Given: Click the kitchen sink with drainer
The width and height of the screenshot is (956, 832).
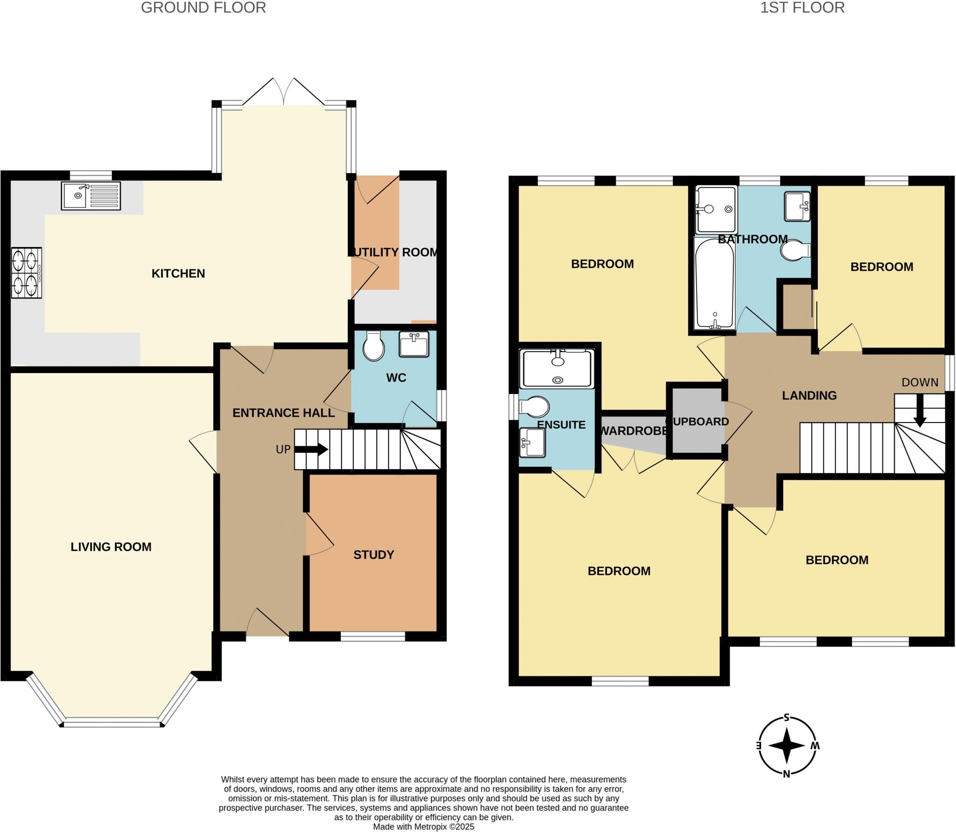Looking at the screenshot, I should click(91, 196).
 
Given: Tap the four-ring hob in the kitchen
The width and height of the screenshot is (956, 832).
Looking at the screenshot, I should click(27, 273).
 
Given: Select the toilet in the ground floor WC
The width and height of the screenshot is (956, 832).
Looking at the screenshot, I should click(373, 346).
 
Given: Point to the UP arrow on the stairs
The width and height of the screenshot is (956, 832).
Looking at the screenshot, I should click(311, 450).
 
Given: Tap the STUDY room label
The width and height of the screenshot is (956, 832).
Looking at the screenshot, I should click(373, 555).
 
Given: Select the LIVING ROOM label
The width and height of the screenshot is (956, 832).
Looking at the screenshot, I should click(111, 547).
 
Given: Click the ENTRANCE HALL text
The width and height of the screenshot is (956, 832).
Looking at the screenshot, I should click(283, 413).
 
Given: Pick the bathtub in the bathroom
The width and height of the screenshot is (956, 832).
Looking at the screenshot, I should click(714, 284).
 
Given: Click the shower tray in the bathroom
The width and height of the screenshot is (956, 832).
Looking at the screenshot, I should click(716, 209).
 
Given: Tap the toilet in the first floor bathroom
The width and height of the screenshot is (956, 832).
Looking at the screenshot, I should click(795, 251).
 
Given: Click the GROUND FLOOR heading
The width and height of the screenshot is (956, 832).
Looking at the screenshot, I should click(204, 8).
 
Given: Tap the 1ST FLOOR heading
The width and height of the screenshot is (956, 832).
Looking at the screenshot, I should click(802, 8).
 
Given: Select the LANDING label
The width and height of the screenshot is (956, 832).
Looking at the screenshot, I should click(809, 395).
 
